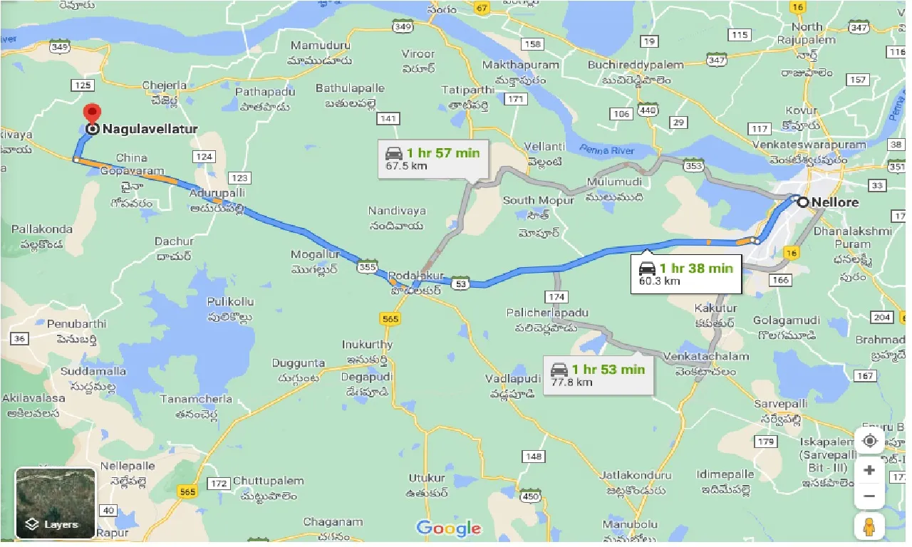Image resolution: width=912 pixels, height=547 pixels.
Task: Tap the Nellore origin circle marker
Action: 803,202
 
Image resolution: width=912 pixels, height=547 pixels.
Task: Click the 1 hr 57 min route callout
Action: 434,158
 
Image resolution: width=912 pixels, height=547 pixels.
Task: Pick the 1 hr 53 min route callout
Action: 598,374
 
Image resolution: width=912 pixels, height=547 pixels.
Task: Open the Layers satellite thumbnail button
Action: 55,503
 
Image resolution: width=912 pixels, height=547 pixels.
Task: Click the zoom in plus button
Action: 869,470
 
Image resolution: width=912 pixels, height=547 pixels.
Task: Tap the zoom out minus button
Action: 869,496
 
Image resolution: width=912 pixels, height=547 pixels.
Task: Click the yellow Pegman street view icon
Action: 869,527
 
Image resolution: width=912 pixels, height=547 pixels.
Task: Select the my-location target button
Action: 869,441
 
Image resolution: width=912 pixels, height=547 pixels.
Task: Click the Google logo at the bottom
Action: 449,528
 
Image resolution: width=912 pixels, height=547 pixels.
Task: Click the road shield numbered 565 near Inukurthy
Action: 390,319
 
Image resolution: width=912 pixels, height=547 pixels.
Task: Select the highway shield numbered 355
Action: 368,267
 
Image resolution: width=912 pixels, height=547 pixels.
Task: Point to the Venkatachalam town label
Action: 706,356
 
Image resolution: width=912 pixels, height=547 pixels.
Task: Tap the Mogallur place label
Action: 316,254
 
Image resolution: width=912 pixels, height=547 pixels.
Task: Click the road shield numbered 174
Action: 556,296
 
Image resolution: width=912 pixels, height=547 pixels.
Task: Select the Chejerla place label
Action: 165,85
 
